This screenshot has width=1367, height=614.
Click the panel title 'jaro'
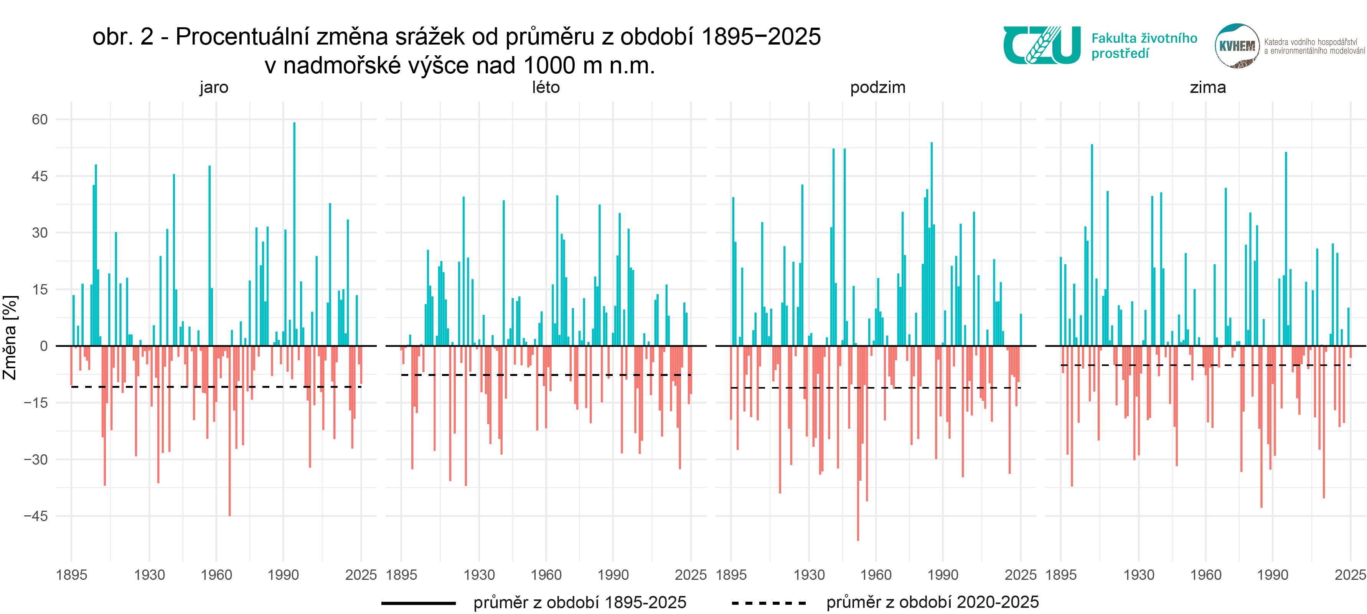tap(214, 87)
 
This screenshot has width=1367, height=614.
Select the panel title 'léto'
tap(546, 87)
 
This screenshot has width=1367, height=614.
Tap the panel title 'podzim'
tap(878, 87)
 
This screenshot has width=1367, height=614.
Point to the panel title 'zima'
tap(1207, 87)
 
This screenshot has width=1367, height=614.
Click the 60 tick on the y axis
tap(40, 119)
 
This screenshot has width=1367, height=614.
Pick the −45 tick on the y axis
tap(36, 516)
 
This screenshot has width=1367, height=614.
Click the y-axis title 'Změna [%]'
tap(10, 338)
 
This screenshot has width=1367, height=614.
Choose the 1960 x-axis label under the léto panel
tap(546, 575)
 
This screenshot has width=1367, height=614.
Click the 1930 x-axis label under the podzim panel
tap(809, 575)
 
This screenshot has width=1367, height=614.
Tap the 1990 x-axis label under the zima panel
tap(1273, 575)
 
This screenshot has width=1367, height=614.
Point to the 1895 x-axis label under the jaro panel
tap(72, 575)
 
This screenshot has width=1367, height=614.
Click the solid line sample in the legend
tap(419, 603)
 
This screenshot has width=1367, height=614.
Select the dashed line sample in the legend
tap(768, 603)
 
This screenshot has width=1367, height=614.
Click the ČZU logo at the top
tap(1041, 46)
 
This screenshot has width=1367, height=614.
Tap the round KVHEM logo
tap(1237, 46)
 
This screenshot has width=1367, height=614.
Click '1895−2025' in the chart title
tap(760, 36)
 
